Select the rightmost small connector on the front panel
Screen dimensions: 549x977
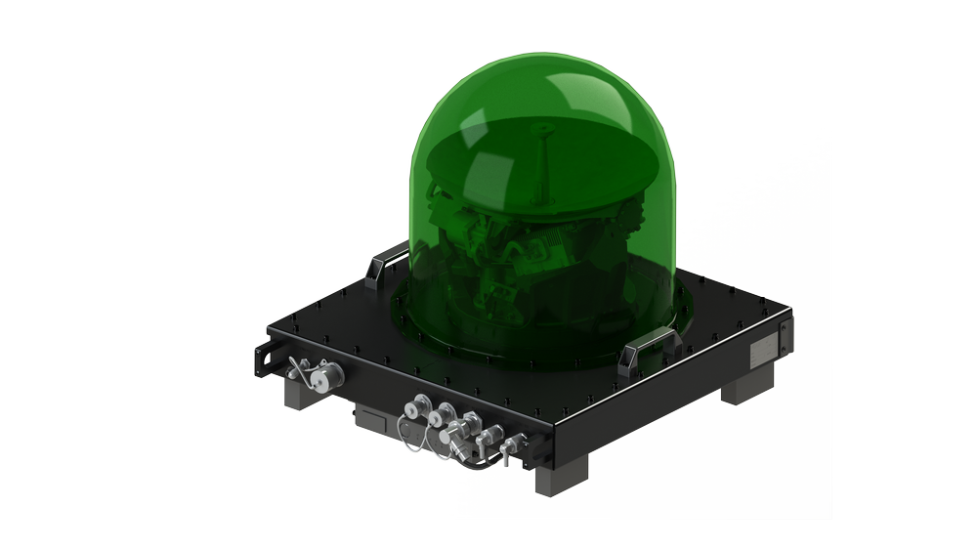508,448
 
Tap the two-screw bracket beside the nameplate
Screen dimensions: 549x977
782,338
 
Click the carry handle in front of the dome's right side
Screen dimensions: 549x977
647,343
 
